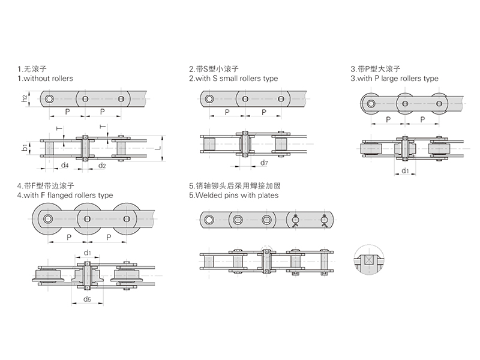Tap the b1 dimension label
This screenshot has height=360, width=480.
click(x=25, y=147)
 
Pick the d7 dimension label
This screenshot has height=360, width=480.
click(x=264, y=163)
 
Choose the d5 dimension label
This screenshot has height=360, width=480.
click(x=88, y=299)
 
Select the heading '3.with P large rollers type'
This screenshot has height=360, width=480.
click(x=394, y=79)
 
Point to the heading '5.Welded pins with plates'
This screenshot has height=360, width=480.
click(x=233, y=196)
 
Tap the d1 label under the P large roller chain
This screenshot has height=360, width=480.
click(x=405, y=172)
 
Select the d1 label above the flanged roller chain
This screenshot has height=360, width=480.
click(x=88, y=253)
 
